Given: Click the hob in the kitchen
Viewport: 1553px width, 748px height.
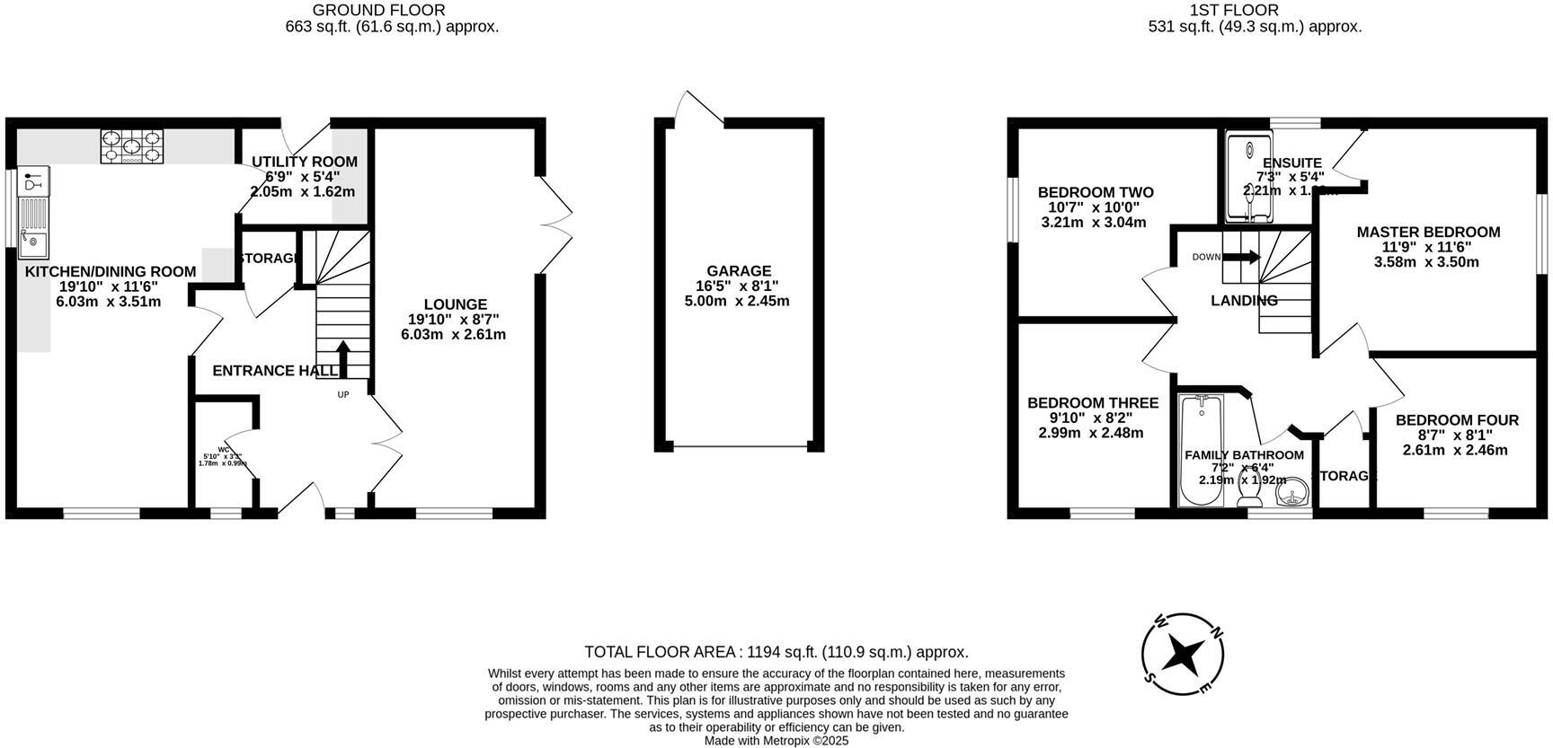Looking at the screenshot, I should [132, 146].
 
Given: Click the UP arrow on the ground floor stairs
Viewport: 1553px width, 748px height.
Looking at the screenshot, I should [343, 356].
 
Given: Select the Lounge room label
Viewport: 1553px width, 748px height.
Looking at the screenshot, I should [456, 304].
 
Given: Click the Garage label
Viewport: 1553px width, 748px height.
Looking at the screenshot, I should [739, 270].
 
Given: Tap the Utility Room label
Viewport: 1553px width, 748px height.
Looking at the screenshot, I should [304, 162].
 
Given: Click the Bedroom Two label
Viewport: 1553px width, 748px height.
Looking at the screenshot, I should [1095, 192].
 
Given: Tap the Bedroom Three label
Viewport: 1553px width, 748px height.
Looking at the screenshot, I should [1092, 403].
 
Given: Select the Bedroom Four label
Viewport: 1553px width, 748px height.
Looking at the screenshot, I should [1457, 420].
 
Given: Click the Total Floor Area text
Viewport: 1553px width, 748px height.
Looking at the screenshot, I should [776, 653].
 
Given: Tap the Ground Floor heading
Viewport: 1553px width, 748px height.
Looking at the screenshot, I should [378, 10].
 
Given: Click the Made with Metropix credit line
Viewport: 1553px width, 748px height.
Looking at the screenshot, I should [776, 741].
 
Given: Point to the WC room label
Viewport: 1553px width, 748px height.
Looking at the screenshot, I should [223, 450].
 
